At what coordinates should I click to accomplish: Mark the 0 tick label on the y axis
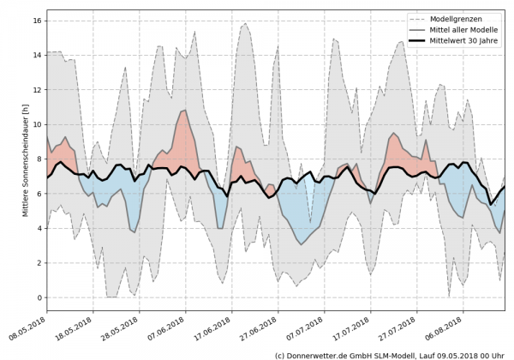(41, 297)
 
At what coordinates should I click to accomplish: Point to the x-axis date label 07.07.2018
(303, 328)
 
